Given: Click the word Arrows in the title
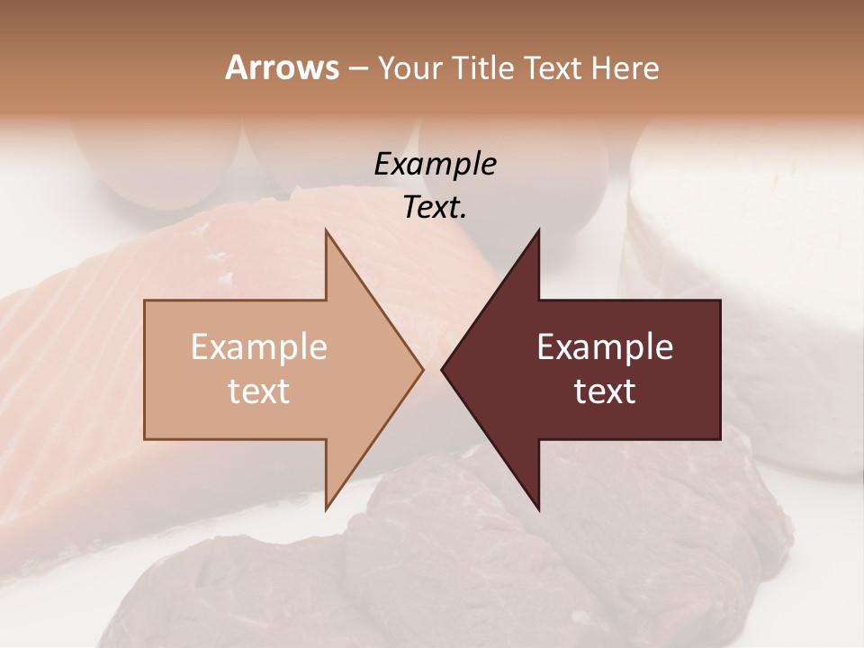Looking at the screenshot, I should tap(282, 68).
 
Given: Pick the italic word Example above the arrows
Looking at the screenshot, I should tap(435, 165).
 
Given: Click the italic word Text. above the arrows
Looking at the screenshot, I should tap(435, 208).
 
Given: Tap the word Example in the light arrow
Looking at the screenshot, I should tap(259, 347).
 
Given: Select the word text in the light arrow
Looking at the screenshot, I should tap(259, 391).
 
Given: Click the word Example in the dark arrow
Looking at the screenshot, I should tap(605, 347).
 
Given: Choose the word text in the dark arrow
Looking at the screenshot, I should tap(605, 391).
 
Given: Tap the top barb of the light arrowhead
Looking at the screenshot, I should tap(328, 233).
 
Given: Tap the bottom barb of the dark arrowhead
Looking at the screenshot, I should tap(537, 508).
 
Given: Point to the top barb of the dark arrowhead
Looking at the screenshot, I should tap(537, 233).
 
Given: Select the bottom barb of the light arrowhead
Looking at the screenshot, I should tap(328, 508).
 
